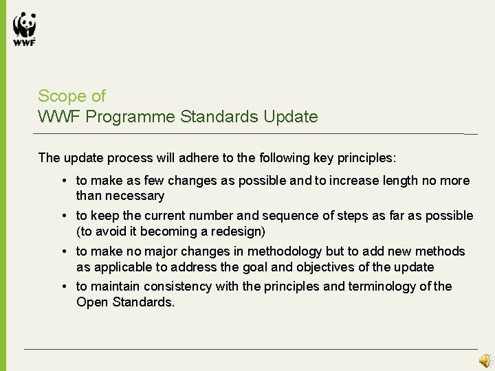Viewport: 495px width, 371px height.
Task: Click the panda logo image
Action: (x=24, y=24)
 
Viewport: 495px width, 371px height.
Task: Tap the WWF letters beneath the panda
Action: (x=24, y=41)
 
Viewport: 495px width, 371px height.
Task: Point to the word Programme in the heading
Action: (x=134, y=117)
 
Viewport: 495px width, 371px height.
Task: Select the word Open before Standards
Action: (x=92, y=302)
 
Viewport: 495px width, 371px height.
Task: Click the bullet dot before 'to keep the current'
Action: (x=63, y=216)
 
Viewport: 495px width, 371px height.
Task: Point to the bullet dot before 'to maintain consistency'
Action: (x=63, y=286)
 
